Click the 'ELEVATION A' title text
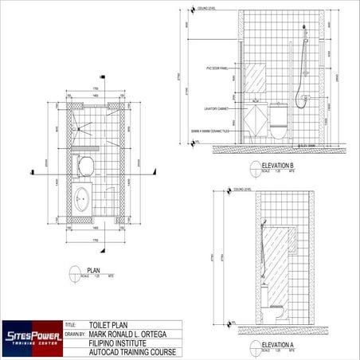(x=278, y=344)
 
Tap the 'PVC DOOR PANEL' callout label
(x=217, y=68)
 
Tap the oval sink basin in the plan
(x=82, y=197)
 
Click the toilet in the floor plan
(x=85, y=167)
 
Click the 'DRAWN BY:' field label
(x=74, y=335)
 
